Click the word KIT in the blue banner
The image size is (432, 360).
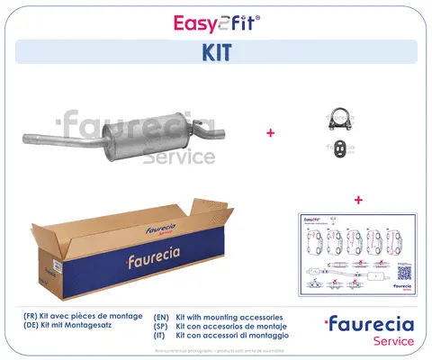click(216, 51)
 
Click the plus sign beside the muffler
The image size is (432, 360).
click(270, 132)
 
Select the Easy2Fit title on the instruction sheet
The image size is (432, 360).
click(314, 219)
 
